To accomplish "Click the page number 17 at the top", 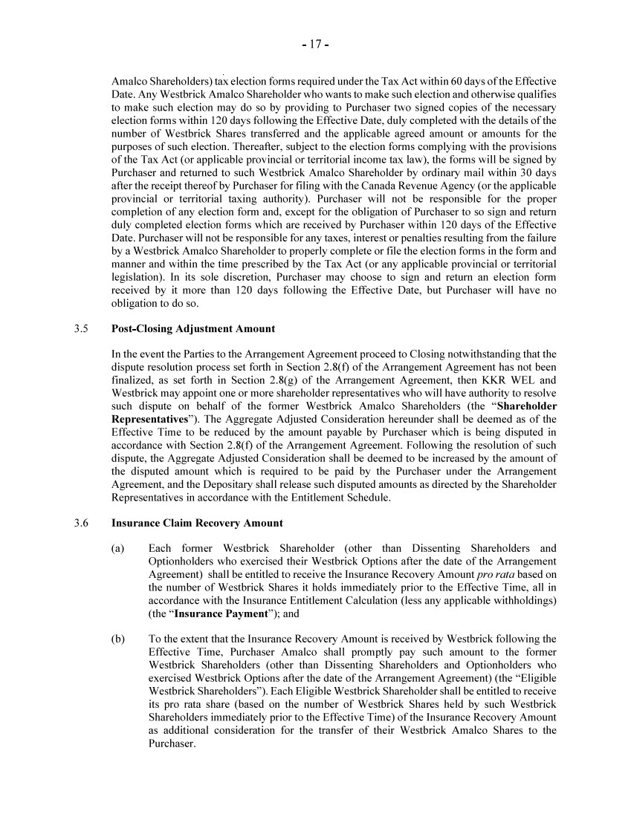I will pyautogui.click(x=315, y=45).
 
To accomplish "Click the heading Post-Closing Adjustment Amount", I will pyautogui.click(x=192, y=328).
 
